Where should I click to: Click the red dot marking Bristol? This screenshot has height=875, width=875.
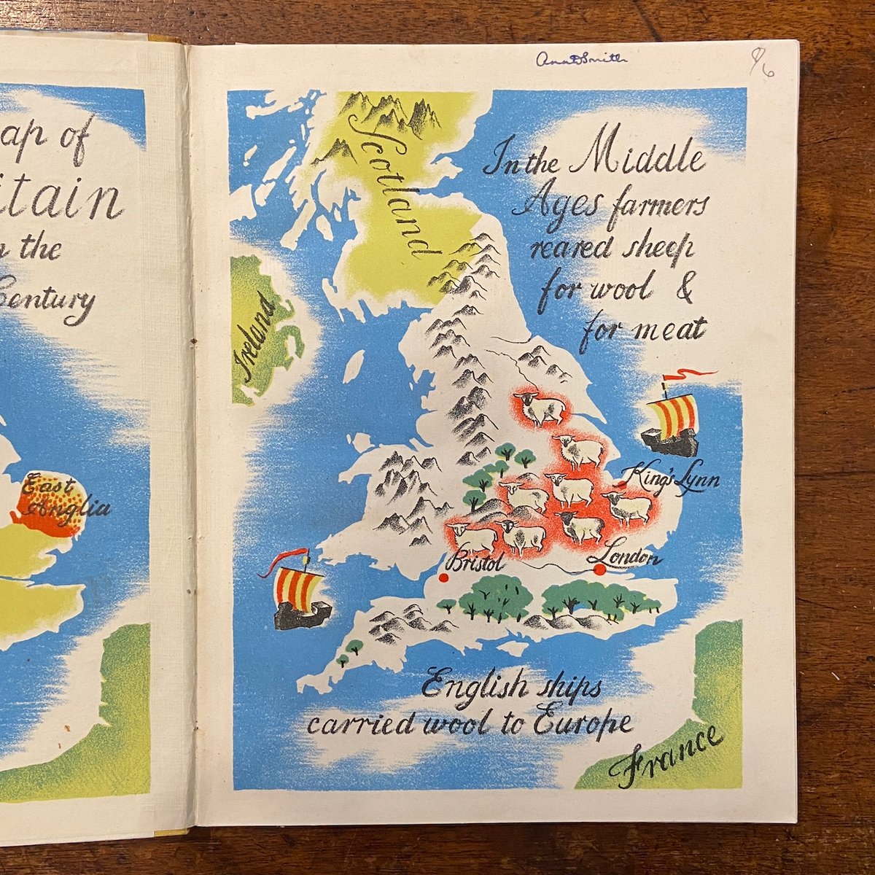click(443, 578)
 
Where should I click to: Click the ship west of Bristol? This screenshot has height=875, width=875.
click(297, 598)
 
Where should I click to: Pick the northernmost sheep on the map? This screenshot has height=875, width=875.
click(540, 408)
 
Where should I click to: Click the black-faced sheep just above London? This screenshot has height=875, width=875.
click(580, 525)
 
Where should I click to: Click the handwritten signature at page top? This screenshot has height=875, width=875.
click(580, 60)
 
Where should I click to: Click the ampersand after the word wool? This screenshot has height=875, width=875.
click(684, 287)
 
